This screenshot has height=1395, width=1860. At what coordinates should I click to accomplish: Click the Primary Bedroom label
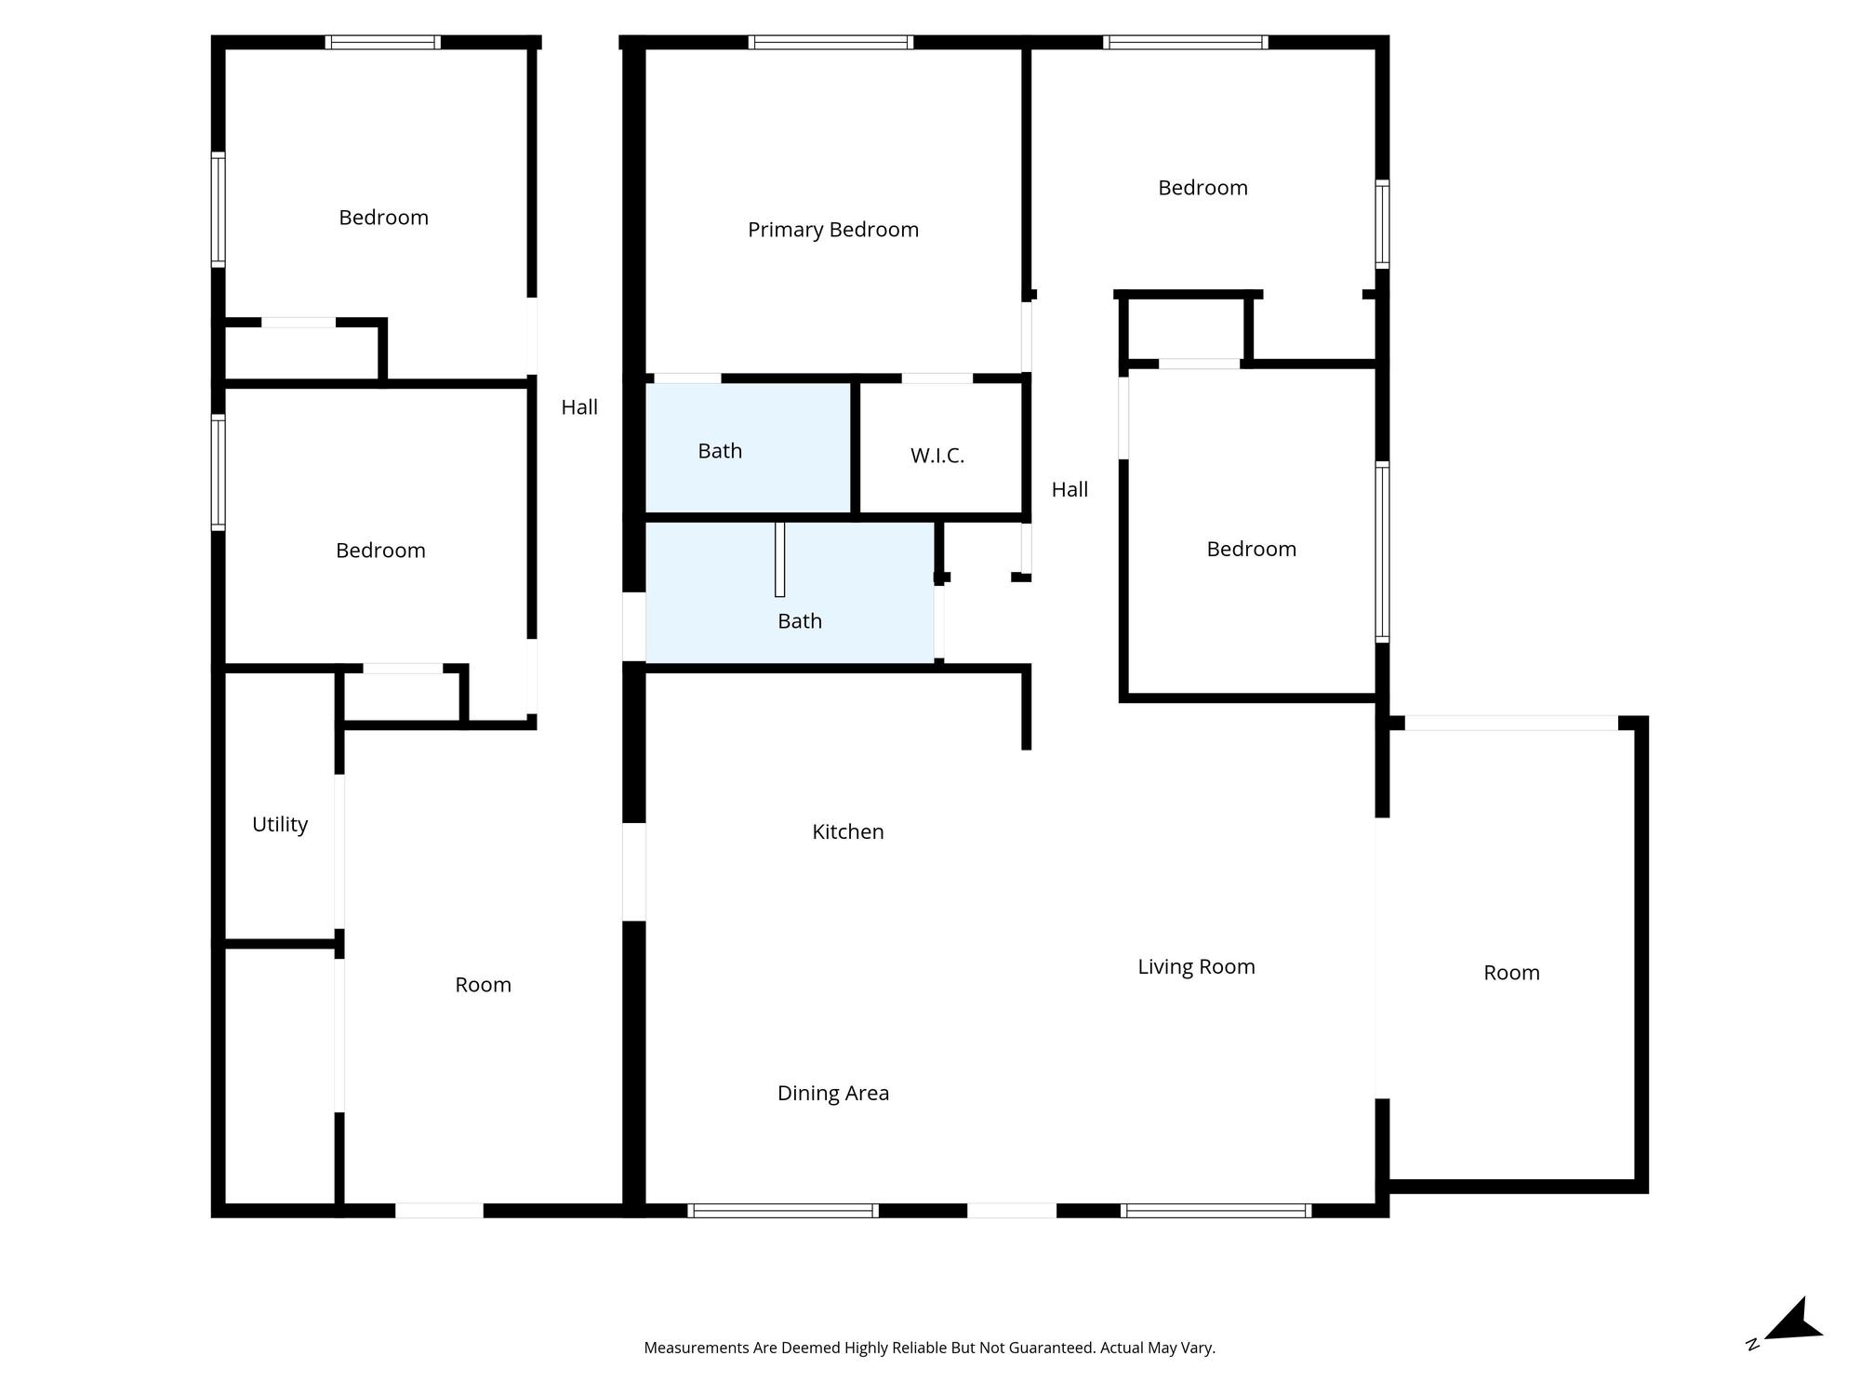(832, 230)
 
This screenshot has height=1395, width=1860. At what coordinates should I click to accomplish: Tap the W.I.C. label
(937, 456)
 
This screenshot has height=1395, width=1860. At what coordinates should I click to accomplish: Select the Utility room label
(280, 825)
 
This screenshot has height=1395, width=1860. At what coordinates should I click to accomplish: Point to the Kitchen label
(847, 831)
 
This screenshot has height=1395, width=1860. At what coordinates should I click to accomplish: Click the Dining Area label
(832, 1093)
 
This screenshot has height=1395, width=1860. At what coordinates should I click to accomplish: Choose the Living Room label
(1196, 967)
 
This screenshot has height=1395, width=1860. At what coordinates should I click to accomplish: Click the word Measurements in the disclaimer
(697, 1348)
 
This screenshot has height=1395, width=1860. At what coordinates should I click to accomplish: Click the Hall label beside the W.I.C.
(1069, 490)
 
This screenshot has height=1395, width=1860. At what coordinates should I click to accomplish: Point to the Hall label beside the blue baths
(579, 407)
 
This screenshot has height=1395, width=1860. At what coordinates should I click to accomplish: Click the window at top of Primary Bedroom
(830, 42)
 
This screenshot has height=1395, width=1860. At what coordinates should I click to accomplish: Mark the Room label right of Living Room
(1511, 973)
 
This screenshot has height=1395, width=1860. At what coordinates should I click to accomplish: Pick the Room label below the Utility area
(483, 985)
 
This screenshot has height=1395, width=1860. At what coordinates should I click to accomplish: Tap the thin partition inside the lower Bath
(779, 559)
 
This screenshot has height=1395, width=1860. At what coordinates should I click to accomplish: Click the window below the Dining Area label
(783, 1210)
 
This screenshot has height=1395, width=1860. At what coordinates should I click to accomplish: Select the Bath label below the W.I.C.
(799, 621)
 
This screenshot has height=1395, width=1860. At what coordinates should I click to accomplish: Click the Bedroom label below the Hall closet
(1251, 549)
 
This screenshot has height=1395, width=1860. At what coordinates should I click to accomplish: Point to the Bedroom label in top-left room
(383, 218)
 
